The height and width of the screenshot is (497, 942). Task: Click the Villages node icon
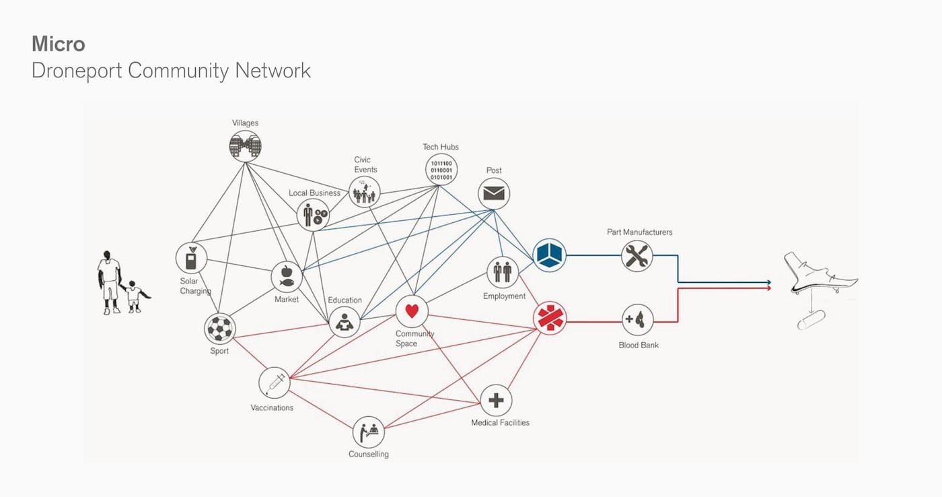coord(245,145)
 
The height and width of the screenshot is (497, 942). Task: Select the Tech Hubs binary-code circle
coord(441,170)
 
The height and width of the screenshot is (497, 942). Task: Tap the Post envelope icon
coord(494,194)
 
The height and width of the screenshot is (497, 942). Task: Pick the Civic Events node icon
coord(365,193)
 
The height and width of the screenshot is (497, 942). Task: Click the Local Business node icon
coord(314,216)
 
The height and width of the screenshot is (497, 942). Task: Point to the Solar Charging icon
coord(192,259)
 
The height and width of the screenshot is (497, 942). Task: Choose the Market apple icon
coord(287,277)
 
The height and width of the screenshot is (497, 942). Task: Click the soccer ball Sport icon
coord(220,329)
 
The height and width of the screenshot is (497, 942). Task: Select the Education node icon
coord(345,323)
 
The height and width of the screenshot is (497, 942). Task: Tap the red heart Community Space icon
coord(412,311)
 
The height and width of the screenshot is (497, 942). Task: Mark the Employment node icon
coord(503,272)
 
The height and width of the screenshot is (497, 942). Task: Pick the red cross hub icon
coord(550,317)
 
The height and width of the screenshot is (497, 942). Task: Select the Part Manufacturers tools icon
coord(637,256)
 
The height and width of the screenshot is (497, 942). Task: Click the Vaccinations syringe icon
coord(275,383)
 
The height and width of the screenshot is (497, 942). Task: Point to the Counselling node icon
coord(369,432)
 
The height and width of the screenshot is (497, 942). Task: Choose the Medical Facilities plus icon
coord(496,401)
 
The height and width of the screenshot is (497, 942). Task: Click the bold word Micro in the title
coord(59,44)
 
